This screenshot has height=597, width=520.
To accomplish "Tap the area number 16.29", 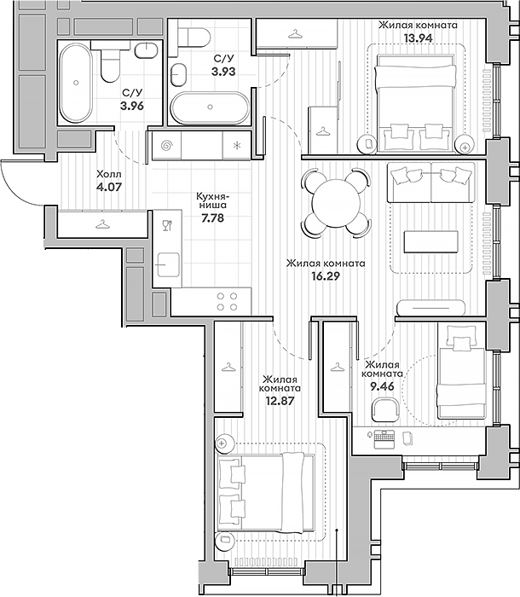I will tap(326, 277).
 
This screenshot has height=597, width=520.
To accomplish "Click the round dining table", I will tap(337, 201).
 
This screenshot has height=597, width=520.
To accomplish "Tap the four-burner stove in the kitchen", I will tap(228, 300).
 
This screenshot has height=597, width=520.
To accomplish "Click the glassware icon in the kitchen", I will tap(167, 225).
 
